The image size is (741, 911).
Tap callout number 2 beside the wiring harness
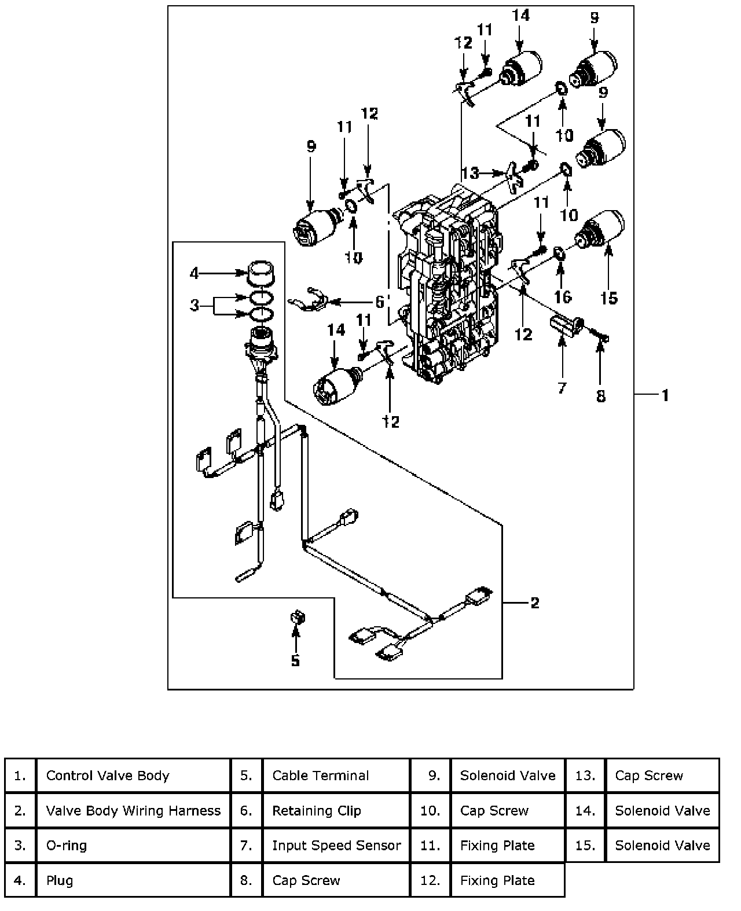534,603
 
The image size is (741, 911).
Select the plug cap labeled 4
261,273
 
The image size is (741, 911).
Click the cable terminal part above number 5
297,618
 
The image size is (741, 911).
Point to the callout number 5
295,660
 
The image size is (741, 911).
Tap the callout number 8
601,396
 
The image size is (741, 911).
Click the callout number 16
563,297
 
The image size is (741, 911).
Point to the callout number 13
471,172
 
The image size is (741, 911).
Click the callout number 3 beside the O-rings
195,304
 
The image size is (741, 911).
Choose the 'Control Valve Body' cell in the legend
133,776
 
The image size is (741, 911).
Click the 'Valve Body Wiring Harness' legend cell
133,810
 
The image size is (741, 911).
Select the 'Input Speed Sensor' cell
336,845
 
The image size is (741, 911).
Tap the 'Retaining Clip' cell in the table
336,810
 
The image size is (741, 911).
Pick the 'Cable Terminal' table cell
336,776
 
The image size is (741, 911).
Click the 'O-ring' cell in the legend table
133,845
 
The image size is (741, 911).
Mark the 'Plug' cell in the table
133,880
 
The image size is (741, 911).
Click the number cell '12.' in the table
430,880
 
